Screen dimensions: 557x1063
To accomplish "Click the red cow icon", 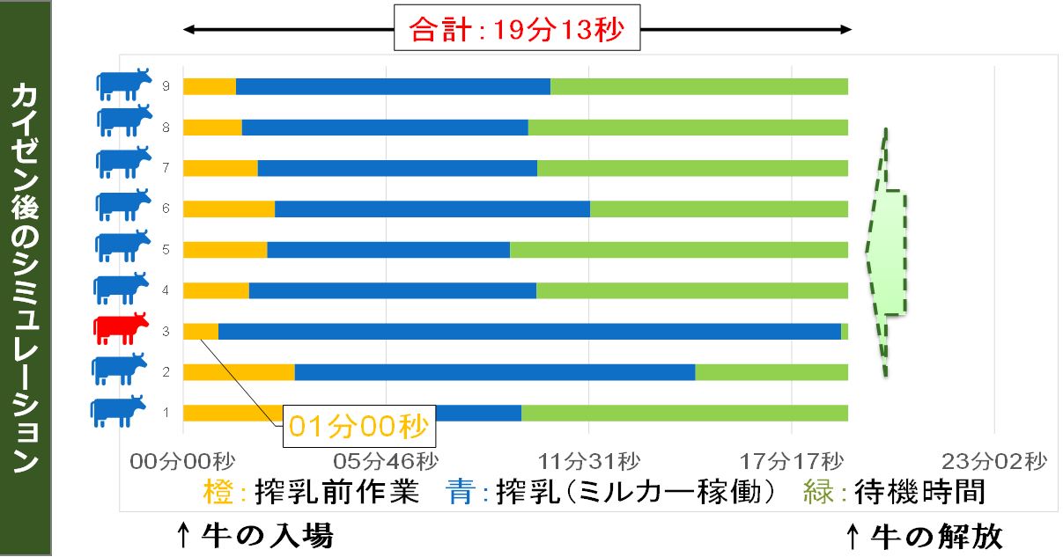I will pyautogui.click(x=121, y=328).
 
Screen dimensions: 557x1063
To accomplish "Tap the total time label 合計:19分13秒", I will pyautogui.click(x=517, y=31).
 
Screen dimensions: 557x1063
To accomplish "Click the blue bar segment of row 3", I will pyautogui.click(x=529, y=332).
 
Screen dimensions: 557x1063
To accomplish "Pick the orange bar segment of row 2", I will pyautogui.click(x=239, y=372).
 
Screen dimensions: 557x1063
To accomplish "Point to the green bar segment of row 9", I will pyautogui.click(x=699, y=86).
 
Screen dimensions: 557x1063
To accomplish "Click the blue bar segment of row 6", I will pyautogui.click(x=432, y=209).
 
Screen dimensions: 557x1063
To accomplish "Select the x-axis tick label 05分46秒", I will pyautogui.click(x=386, y=461).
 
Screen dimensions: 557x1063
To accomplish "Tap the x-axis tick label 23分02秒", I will pyautogui.click(x=994, y=461).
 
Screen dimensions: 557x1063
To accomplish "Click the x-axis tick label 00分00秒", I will pyautogui.click(x=182, y=461).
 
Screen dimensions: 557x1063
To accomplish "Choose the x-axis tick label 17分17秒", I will pyautogui.click(x=791, y=461).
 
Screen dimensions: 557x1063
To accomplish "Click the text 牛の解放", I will pyautogui.click(x=935, y=535).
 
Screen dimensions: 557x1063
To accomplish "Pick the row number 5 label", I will pyautogui.click(x=166, y=249).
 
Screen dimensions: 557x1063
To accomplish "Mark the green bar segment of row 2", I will pyautogui.click(x=771, y=372).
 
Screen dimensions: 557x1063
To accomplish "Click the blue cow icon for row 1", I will pyautogui.click(x=118, y=410).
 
